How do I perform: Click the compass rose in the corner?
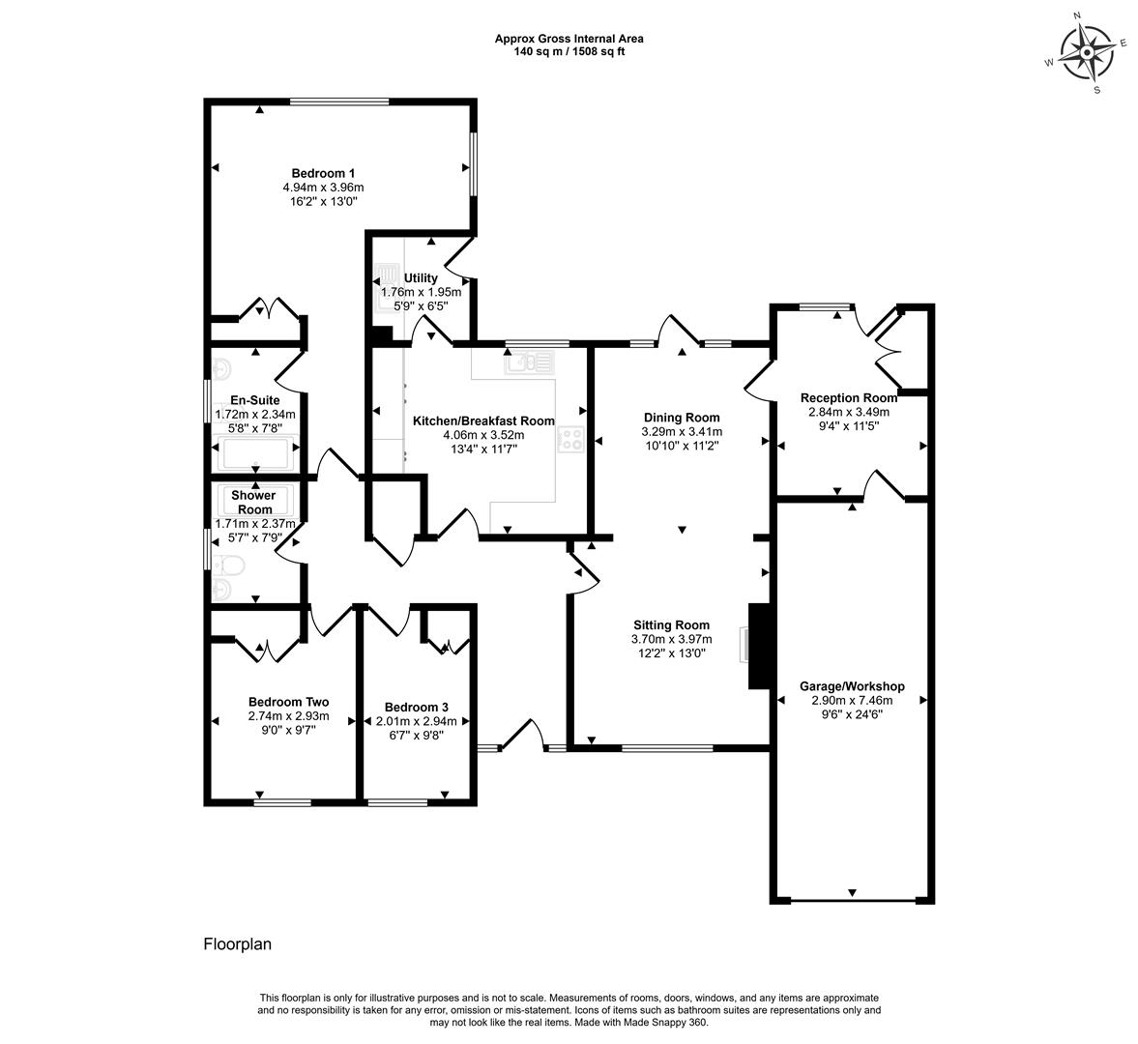click(1087, 53)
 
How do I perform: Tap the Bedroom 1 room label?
click(323, 173)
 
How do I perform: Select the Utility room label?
click(421, 277)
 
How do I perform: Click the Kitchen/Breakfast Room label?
click(483, 420)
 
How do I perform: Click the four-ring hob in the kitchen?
click(570, 438)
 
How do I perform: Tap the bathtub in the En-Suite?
click(256, 453)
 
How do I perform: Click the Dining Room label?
click(682, 418)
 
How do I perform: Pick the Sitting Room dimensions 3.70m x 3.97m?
click(671, 639)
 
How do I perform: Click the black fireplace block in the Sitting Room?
click(759, 646)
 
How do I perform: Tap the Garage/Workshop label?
click(852, 686)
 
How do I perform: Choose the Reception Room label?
click(848, 397)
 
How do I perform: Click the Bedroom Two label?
click(288, 702)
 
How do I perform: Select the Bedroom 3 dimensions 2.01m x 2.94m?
click(417, 721)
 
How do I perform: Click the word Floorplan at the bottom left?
click(237, 944)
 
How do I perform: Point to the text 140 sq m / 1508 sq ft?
click(569, 51)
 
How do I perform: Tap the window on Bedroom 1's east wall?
click(473, 163)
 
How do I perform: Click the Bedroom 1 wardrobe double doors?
click(269, 308)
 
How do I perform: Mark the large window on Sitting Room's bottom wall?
click(668, 747)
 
